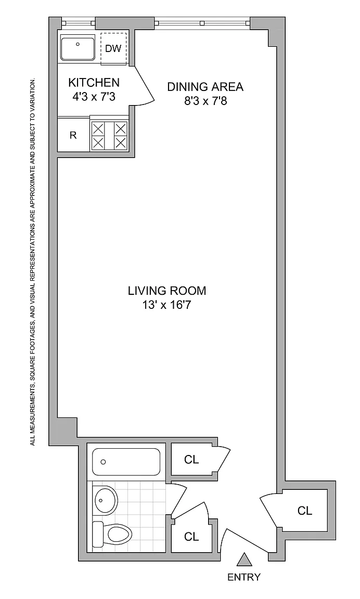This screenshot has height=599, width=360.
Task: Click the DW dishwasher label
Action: (x=113, y=48)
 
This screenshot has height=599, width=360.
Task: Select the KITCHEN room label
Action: (x=94, y=82)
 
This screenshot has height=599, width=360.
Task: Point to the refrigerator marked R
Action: (x=73, y=135)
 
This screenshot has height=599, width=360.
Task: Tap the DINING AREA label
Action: (x=205, y=87)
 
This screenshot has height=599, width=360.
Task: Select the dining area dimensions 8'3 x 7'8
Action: (x=205, y=101)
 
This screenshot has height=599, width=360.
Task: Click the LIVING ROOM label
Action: (x=167, y=291)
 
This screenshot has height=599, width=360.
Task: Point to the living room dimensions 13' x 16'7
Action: (x=167, y=306)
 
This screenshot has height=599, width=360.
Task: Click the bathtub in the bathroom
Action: (x=126, y=462)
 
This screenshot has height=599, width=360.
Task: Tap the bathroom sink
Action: (x=104, y=499)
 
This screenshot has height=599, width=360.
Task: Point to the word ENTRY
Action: (x=244, y=577)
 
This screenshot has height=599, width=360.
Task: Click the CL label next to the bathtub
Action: (x=191, y=460)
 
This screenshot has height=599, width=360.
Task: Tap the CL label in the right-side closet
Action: (x=305, y=511)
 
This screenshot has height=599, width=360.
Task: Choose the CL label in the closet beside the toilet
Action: (x=191, y=537)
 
